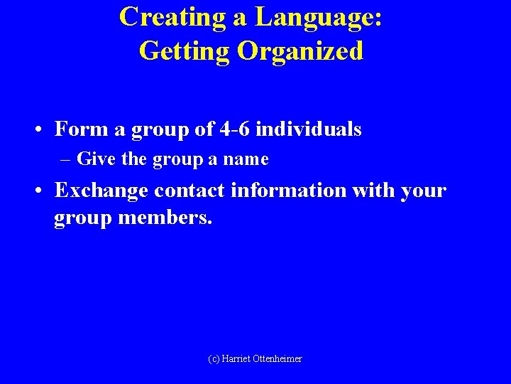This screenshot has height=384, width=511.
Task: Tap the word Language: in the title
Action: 318,16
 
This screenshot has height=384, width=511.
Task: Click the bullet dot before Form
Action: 35,130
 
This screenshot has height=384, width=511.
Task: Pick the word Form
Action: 77,129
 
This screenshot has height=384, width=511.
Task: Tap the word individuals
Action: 309,129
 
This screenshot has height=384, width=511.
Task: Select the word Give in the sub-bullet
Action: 97,159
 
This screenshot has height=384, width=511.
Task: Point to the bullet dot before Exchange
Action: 35,191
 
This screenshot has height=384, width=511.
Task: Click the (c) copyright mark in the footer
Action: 214,359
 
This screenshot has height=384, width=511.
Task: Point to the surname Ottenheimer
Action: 278,359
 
